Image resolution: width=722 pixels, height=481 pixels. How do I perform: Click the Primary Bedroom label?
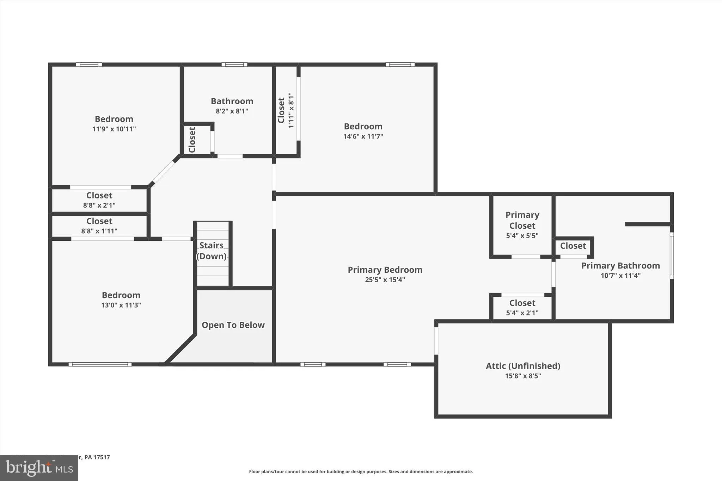(385, 270)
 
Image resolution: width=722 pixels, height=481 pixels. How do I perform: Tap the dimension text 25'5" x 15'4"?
(385, 280)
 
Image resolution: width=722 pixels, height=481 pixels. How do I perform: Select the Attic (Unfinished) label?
(523, 366)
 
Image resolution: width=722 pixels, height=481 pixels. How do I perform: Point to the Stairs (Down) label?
(211, 251)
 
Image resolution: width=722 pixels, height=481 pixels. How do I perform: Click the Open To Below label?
(233, 325)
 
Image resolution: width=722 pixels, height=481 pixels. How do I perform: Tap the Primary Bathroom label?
(620, 266)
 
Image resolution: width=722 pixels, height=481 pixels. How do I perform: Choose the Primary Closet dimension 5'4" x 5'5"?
(522, 236)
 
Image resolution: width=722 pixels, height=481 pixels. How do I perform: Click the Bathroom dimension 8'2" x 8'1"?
(232, 111)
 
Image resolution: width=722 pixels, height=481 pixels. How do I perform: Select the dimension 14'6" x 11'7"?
(363, 136)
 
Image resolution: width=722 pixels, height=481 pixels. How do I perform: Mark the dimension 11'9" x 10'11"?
(114, 129)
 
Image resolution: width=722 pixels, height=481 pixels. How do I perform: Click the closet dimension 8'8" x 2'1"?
(99, 205)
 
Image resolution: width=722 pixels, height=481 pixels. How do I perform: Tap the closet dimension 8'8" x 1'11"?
(99, 231)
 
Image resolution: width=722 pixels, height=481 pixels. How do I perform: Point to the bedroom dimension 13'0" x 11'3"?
(121, 305)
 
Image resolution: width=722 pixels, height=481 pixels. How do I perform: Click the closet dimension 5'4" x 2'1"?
(522, 313)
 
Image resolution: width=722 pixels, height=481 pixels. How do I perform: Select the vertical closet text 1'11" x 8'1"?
(291, 110)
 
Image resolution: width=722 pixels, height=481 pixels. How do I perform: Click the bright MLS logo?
(39, 468)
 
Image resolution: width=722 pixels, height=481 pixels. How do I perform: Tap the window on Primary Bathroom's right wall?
(672, 255)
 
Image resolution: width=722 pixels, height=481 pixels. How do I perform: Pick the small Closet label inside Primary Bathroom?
(573, 246)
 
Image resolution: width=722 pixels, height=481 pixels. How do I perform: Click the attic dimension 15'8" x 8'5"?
(523, 376)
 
